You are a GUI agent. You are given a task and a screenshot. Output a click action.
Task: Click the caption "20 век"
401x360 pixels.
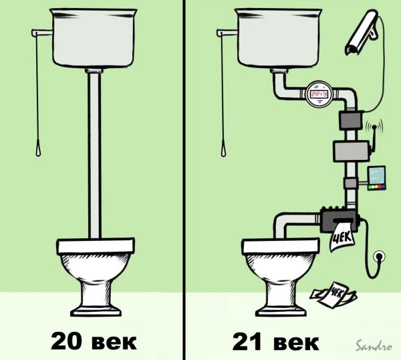(94, 341)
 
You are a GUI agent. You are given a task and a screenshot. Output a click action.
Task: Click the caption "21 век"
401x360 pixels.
(275, 341)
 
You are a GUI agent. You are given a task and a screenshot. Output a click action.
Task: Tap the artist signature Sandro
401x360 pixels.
(374, 346)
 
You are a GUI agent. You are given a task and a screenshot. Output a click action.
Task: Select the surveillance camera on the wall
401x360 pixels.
(362, 32)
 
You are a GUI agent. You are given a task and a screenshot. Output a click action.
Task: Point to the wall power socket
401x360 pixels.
(380, 256)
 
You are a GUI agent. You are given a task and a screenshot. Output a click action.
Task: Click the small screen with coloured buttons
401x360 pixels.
(376, 179)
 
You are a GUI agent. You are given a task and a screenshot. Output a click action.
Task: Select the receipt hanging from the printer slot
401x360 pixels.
(342, 236)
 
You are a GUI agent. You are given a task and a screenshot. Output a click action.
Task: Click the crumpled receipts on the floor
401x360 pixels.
(333, 294)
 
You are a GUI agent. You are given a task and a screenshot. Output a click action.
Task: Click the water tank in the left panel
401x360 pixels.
(94, 37)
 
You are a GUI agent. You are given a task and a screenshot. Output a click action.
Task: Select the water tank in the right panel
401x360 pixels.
(279, 37)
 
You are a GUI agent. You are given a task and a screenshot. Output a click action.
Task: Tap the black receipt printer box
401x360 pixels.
(340, 220)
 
